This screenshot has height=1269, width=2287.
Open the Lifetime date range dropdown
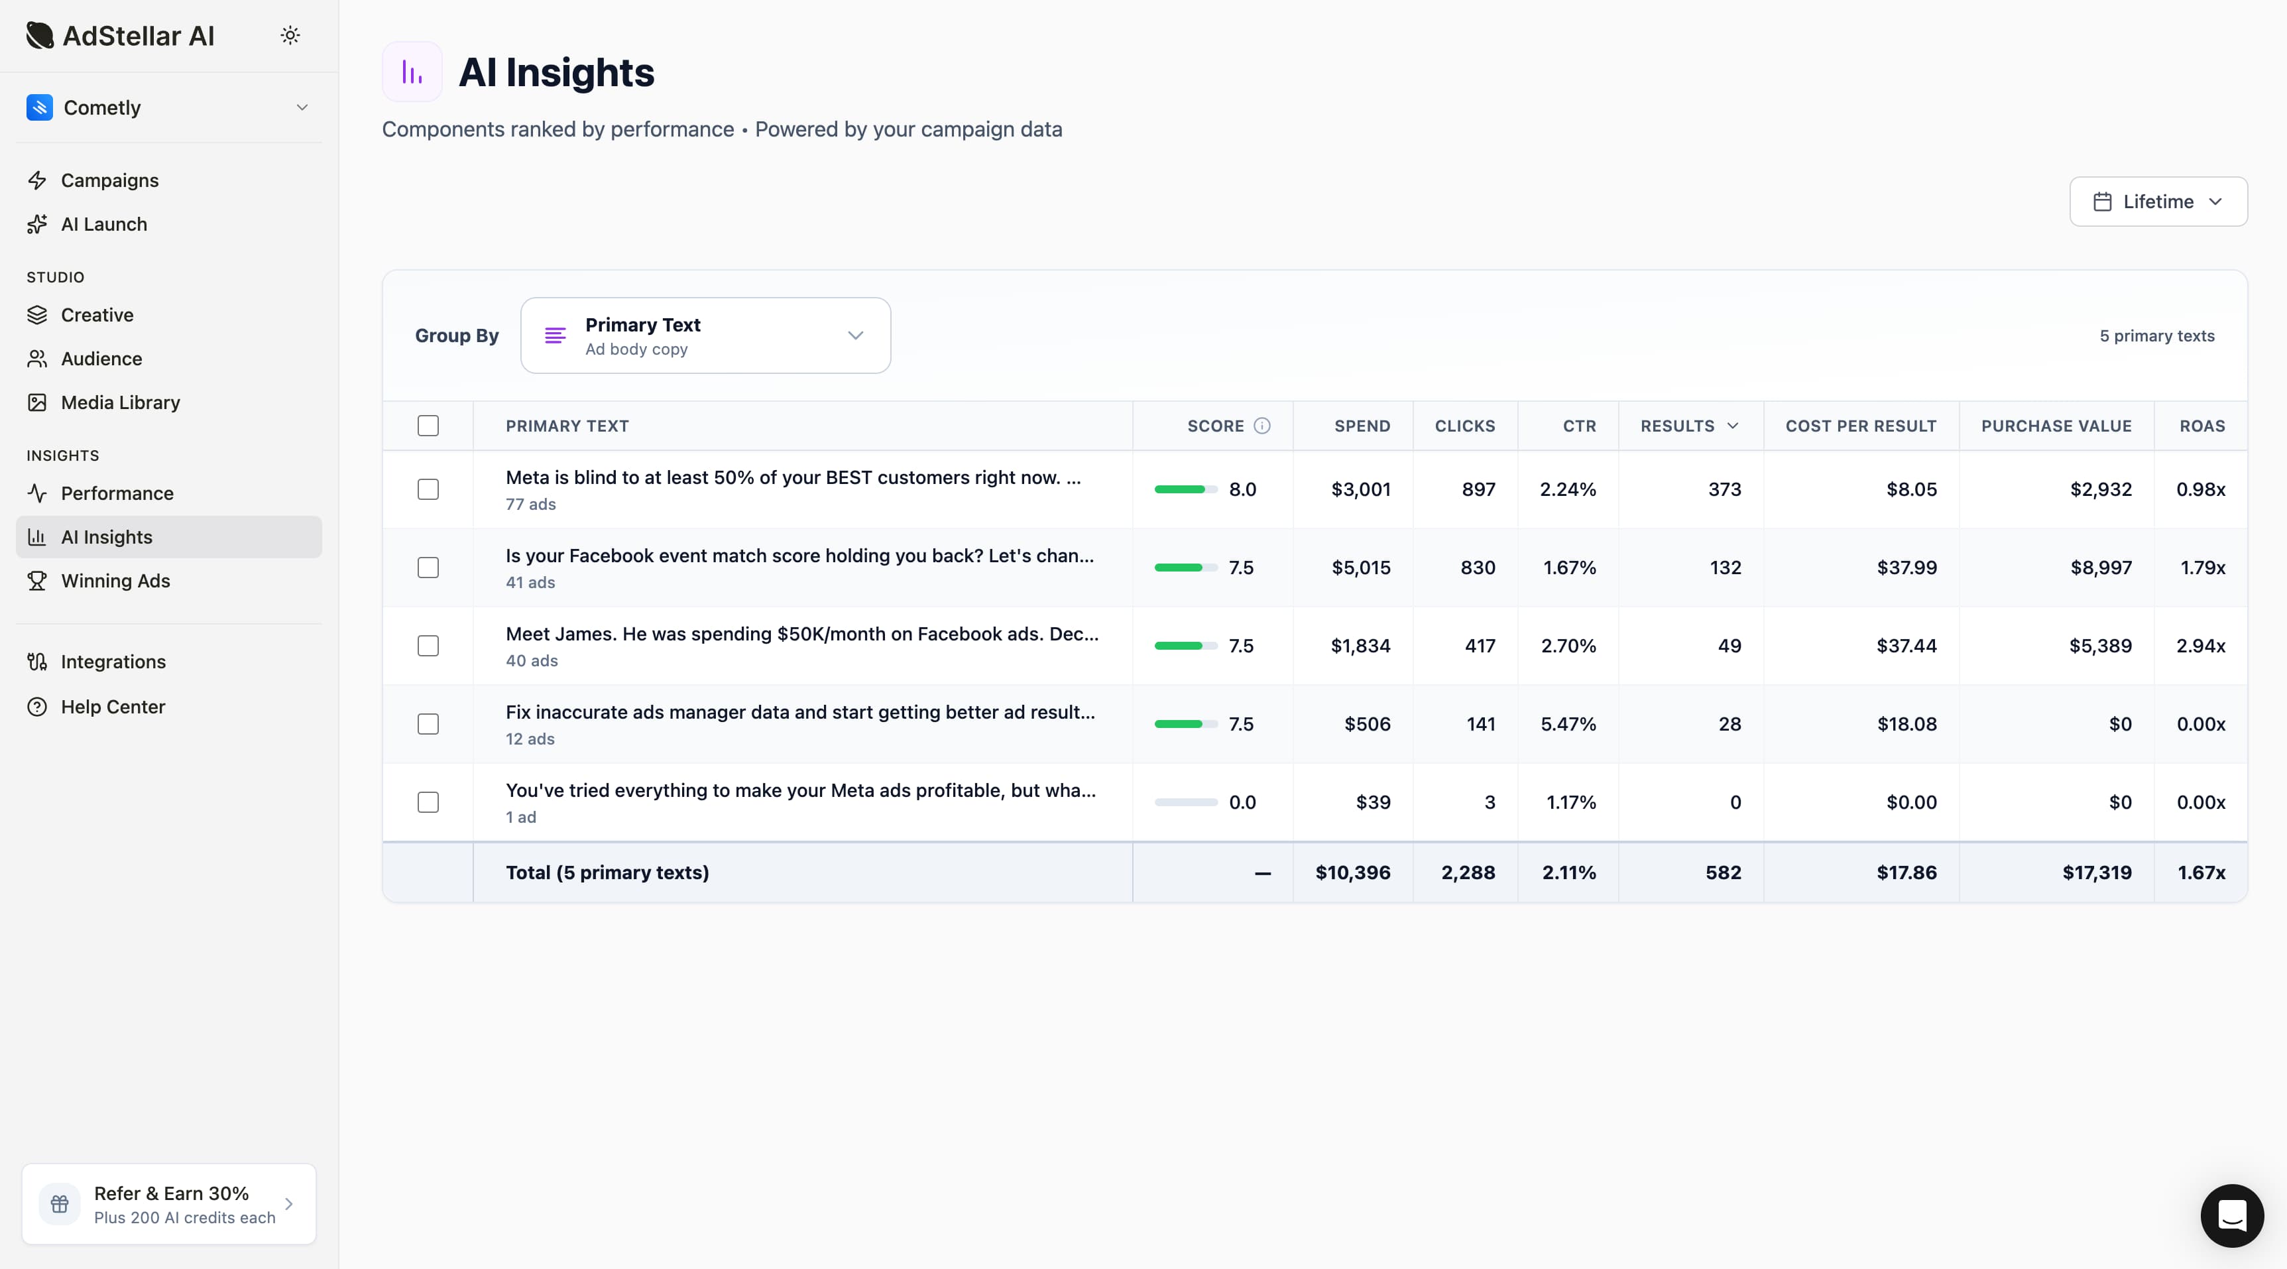click(2157, 202)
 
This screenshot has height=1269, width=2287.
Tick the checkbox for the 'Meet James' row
click(428, 646)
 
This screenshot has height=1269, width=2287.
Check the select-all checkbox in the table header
click(428, 426)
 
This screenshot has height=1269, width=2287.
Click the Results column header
click(1688, 426)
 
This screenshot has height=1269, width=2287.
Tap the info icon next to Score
click(1261, 426)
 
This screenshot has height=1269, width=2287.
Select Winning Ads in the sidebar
click(115, 581)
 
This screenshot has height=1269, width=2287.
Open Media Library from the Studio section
click(120, 402)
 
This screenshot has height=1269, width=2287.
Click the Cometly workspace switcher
click(168, 107)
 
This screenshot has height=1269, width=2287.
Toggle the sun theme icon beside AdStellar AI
click(290, 36)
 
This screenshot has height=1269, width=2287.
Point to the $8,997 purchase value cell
click(2101, 568)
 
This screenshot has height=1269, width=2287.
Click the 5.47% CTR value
click(1568, 724)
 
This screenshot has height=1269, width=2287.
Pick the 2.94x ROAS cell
click(2200, 646)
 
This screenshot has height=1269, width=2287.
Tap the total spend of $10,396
click(1352, 872)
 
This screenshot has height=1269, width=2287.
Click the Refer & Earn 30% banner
click(168, 1203)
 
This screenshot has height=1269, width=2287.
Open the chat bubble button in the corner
click(2231, 1215)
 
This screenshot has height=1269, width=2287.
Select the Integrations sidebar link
click(113, 662)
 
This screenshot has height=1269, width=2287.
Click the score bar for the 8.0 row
click(1185, 489)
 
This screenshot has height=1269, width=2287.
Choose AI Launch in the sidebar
click(104, 224)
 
